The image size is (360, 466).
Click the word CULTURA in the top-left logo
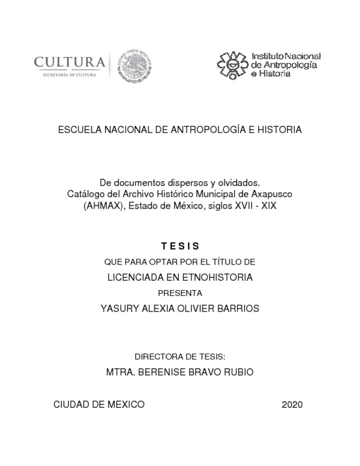69,62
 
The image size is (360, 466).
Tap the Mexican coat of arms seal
132,65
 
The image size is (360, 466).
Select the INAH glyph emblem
232,65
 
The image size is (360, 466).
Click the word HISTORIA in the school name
279,130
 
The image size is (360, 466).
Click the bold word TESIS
180,246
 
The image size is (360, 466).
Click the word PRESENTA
180,293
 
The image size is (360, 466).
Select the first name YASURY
120,308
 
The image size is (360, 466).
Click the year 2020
292,404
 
